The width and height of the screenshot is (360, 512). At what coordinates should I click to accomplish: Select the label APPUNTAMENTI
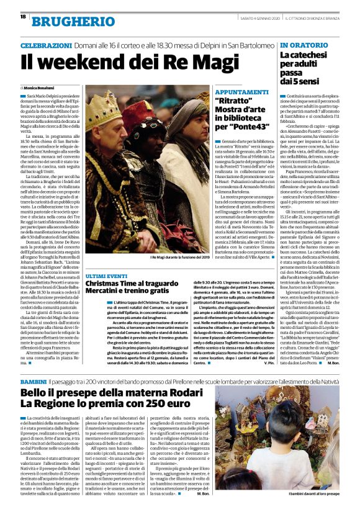pos(243,91)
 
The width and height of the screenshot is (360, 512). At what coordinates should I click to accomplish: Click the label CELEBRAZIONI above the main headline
pos(46,46)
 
